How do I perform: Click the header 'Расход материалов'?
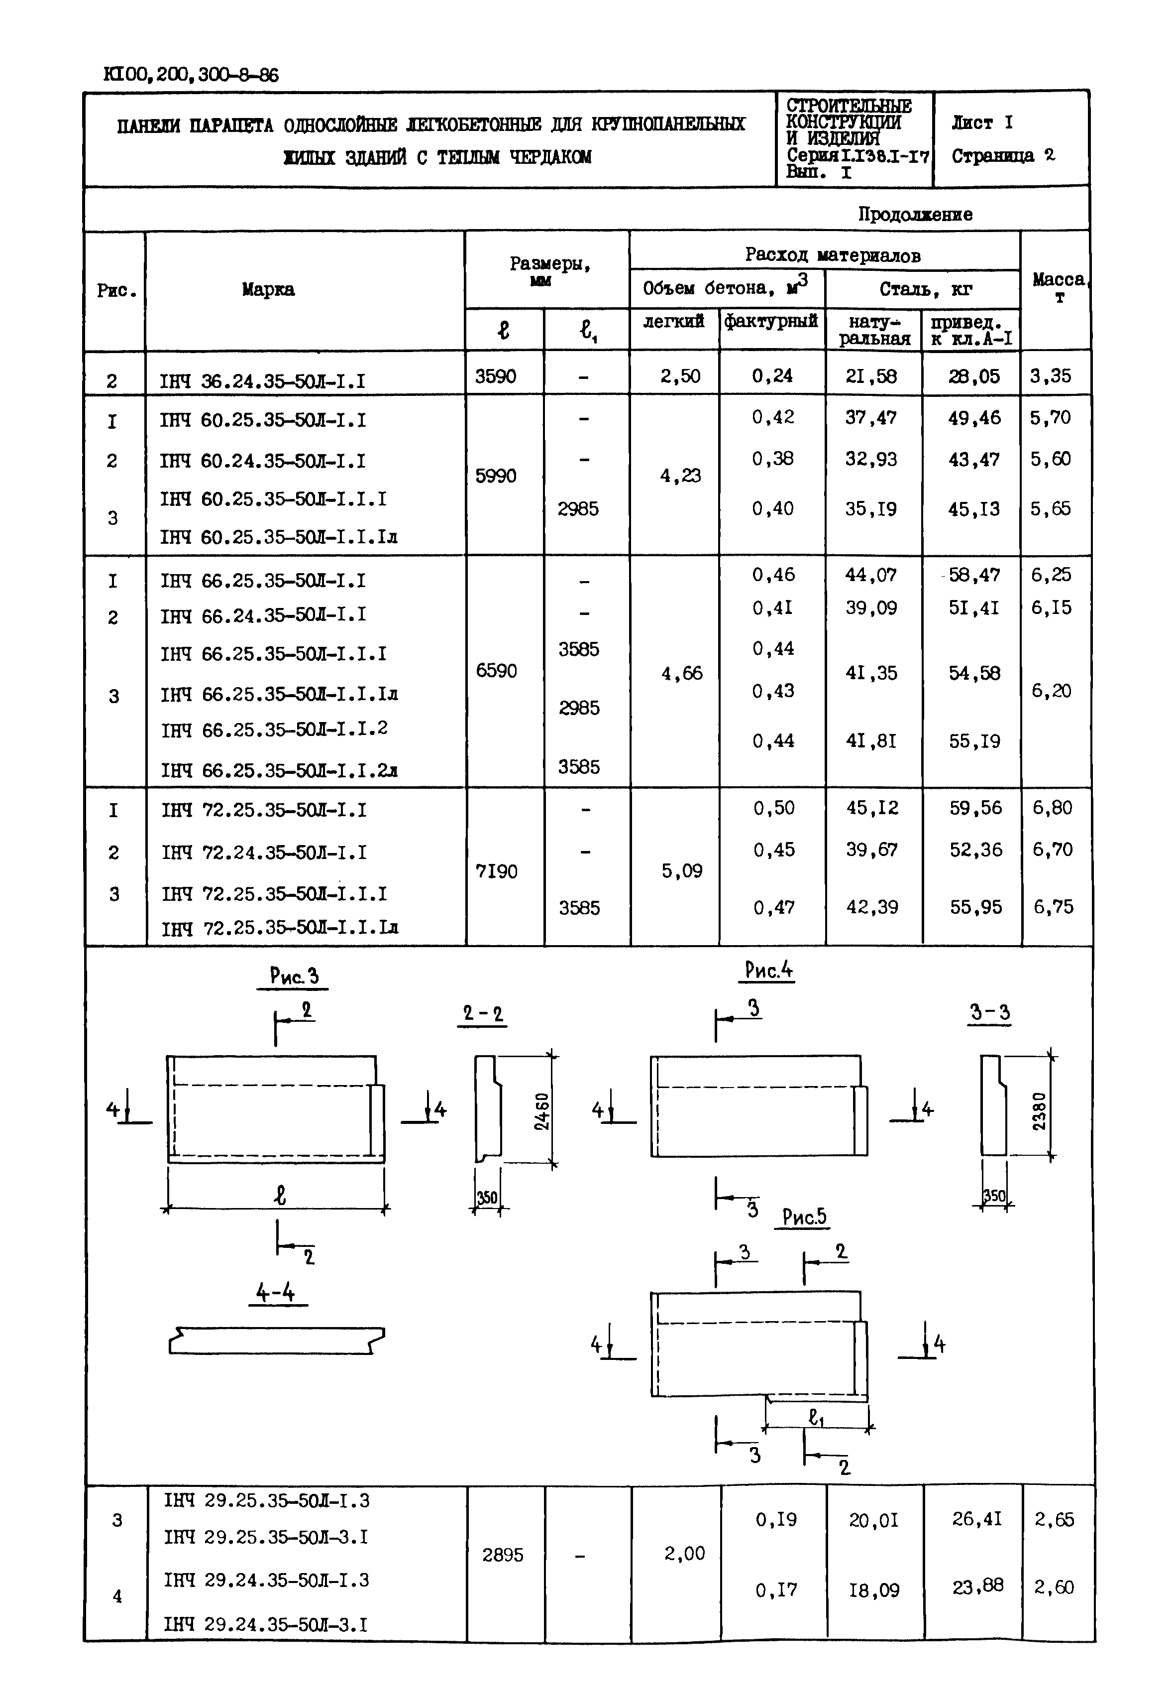pos(832,255)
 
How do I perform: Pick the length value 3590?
pos(495,376)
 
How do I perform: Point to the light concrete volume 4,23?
pos(680,476)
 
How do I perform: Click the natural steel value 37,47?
pos(870,418)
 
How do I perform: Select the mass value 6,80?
pos(1052,808)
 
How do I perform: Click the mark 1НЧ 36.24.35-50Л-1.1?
pos(262,381)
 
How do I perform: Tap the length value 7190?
pos(497,871)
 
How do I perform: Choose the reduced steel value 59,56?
pos(975,808)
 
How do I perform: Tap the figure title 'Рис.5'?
pos(804,1217)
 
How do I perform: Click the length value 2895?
pos(503,1555)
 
